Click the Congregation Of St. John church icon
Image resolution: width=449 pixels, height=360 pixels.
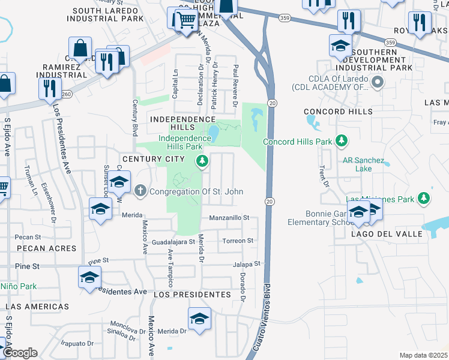coord(140,191)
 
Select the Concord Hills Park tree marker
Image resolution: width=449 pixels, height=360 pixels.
coord(342,142)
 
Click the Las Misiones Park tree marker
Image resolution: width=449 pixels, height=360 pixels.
coord(424,198)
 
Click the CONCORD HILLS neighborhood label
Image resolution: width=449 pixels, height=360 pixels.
coord(338,112)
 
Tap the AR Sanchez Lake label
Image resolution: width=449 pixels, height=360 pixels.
coord(366,164)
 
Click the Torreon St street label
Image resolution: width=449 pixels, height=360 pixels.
coord(238,241)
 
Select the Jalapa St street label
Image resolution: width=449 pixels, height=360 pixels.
coord(248,264)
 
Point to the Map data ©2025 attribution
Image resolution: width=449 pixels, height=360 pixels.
coord(423,355)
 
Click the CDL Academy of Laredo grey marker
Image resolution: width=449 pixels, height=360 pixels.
coord(378,82)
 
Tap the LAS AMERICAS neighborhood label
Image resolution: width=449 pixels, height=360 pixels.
coord(37,307)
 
